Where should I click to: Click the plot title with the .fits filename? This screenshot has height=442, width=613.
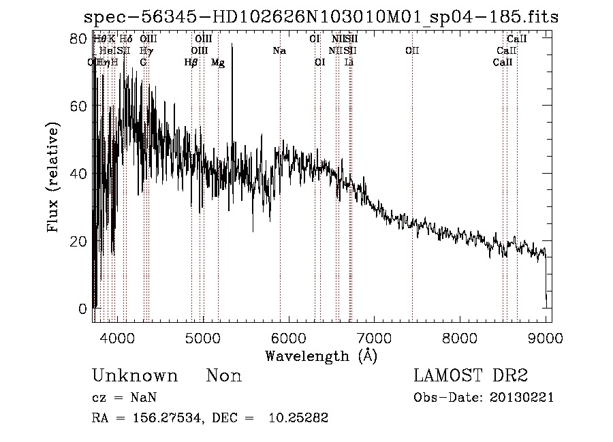(320, 17)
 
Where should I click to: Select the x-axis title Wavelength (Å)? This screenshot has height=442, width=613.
(321, 356)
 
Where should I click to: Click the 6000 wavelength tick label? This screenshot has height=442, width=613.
(288, 338)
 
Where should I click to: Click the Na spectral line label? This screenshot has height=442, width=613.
(279, 50)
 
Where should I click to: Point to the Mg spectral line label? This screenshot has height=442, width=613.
(218, 63)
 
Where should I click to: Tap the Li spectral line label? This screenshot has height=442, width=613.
(349, 63)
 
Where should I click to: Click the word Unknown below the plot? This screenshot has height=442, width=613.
(135, 376)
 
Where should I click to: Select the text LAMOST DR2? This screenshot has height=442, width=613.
(471, 376)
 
